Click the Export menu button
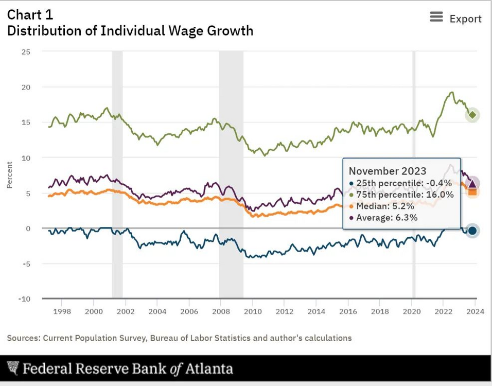pos(455,19)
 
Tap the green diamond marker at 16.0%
pos(473,115)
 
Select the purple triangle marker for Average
pos(473,183)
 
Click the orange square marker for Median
pos(473,192)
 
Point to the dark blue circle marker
pos(472,231)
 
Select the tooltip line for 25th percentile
pos(400,183)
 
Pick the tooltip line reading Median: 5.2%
pos(382,206)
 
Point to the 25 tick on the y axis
pos(26,51)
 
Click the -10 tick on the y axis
pos(24,299)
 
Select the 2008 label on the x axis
pos(221,311)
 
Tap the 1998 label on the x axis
pos(62,311)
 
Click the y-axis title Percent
pos(10,175)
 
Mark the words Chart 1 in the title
pos(30,14)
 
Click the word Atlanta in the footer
pos(208,369)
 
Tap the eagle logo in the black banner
pos(13,369)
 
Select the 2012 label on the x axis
pos(285,311)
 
